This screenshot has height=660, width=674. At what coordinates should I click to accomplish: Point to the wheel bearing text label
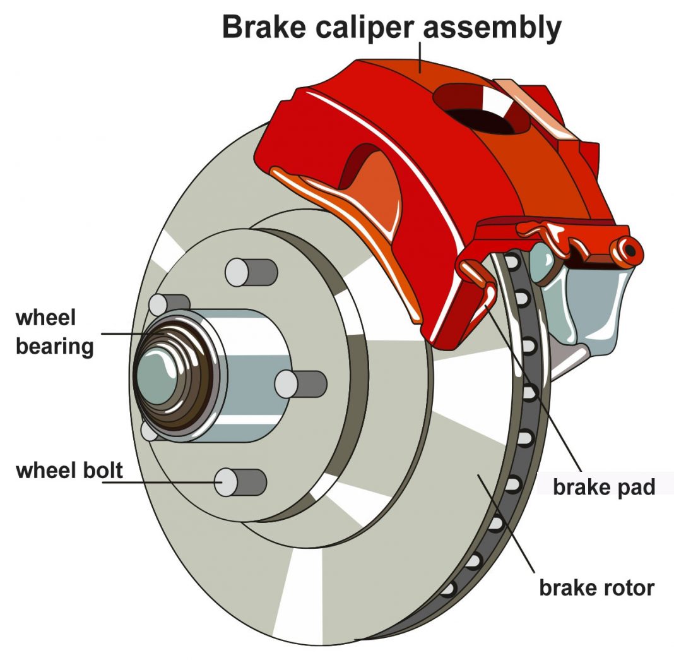(x=54, y=332)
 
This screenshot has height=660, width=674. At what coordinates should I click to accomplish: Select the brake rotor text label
(x=596, y=587)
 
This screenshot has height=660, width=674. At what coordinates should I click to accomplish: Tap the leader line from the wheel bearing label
(x=123, y=333)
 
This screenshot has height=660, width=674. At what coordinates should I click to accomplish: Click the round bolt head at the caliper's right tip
(x=629, y=250)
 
